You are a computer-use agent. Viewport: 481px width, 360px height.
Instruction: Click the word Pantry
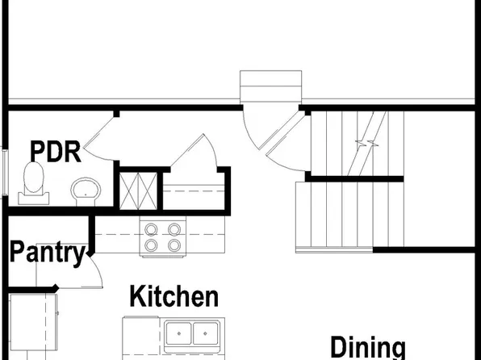point(47,255)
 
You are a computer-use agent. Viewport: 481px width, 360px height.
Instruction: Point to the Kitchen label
point(174,296)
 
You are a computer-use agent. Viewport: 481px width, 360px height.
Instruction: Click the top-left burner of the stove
point(151,228)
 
